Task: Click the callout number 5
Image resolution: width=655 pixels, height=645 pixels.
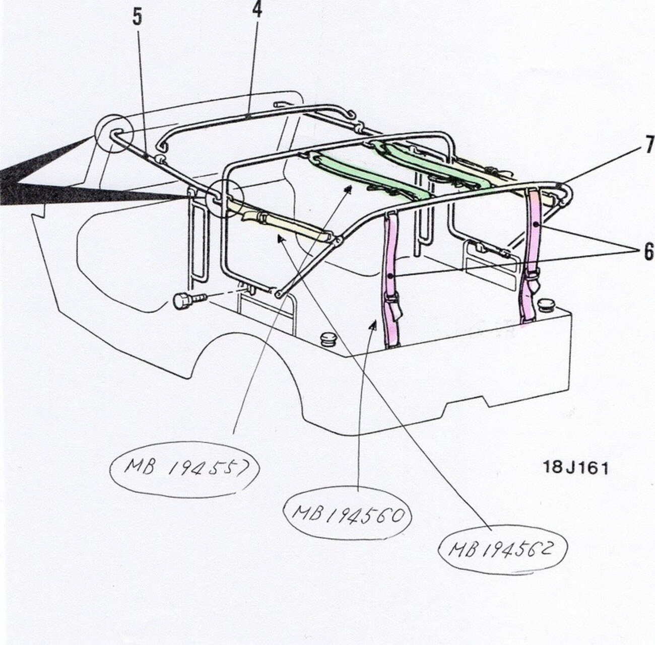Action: (137, 17)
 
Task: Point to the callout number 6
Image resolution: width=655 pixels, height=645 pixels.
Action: (648, 252)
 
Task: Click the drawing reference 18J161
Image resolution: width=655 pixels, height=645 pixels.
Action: (576, 468)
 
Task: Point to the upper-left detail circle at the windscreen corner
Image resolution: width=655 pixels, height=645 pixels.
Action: (113, 132)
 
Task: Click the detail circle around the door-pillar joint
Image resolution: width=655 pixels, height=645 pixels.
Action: (225, 198)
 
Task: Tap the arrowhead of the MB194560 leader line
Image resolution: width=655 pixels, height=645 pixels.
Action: (373, 326)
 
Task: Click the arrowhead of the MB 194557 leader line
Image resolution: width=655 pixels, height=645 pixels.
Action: (348, 188)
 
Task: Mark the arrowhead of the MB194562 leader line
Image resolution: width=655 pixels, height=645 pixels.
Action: (280, 239)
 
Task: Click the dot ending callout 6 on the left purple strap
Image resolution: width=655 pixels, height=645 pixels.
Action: (391, 275)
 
